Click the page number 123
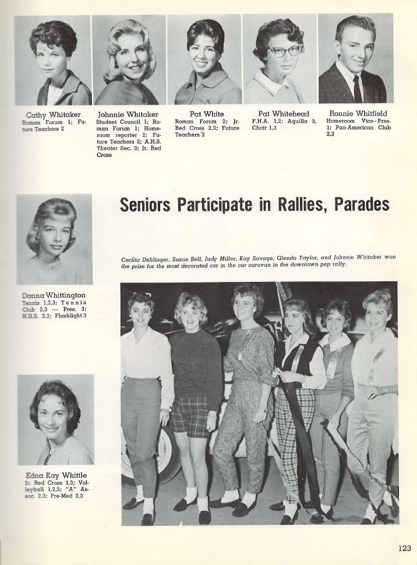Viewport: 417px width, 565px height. click(x=405, y=548)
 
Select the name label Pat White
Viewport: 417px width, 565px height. click(x=207, y=114)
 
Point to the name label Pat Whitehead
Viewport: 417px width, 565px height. click(x=283, y=113)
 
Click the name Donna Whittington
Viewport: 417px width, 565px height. click(x=53, y=295)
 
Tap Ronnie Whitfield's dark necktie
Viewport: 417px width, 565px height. click(x=357, y=89)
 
